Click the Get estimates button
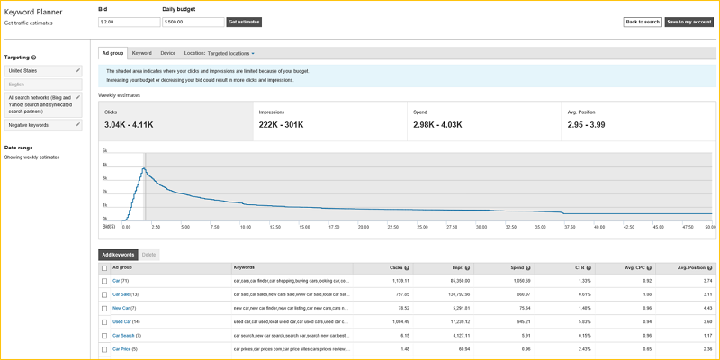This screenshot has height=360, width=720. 244,22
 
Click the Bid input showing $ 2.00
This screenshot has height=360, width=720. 128,22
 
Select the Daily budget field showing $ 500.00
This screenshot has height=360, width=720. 193,22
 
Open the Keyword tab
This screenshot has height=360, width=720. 141,54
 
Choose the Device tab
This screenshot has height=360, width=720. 168,54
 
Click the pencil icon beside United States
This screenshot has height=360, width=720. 78,69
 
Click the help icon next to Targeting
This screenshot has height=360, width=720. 34,57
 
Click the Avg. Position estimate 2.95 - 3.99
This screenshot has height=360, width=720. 593,125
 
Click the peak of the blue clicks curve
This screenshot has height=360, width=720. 143,167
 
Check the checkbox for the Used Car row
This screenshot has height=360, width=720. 104,321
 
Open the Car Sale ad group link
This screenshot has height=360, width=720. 121,294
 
